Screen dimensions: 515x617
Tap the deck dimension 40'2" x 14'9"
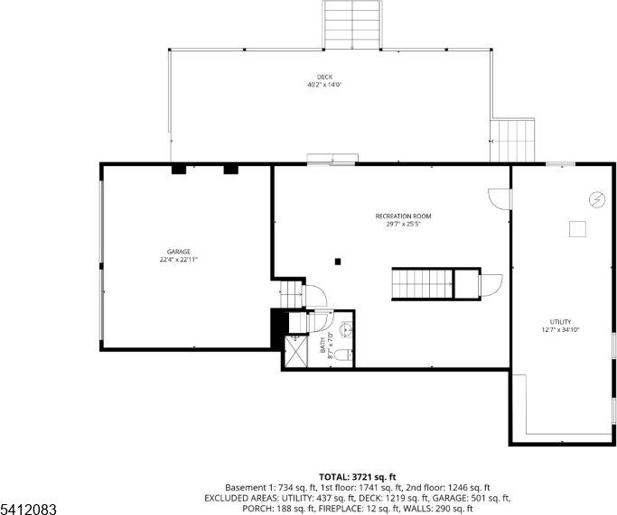click(323, 85)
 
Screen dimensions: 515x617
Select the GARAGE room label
click(178, 252)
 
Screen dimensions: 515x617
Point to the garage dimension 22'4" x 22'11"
click(178, 260)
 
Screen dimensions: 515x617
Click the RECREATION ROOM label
click(403, 216)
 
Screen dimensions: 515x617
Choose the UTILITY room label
click(560, 322)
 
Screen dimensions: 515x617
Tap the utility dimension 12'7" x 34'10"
click(560, 330)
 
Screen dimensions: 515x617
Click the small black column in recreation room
click(338, 262)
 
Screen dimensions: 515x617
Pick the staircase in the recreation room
click(422, 283)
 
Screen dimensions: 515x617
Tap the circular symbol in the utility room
click(596, 198)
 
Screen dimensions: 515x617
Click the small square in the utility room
click(577, 229)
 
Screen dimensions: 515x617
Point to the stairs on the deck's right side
click(514, 140)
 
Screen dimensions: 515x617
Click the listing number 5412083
click(29, 510)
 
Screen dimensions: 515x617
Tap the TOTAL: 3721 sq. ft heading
click(358, 475)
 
